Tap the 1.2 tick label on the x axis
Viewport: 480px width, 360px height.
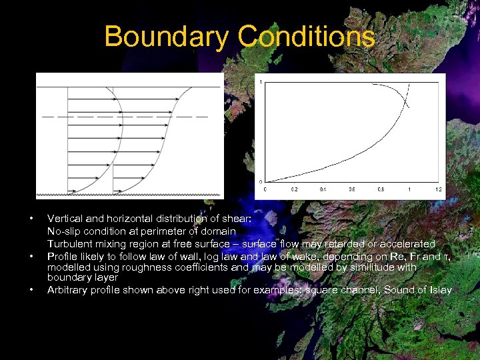pos(438,189)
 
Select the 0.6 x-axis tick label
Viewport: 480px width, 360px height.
pos(351,189)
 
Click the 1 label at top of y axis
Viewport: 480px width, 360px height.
pos(261,81)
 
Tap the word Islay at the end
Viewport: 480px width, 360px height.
pos(440,290)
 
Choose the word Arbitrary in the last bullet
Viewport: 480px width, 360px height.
pos(66,290)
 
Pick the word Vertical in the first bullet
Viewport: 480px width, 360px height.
pos(64,218)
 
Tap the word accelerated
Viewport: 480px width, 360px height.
pos(408,244)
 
